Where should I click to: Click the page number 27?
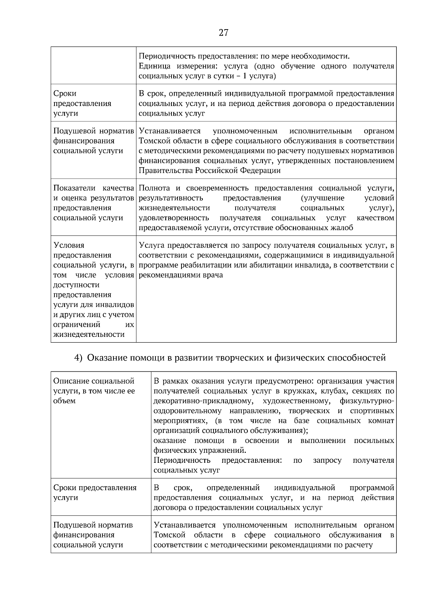tap(223, 33)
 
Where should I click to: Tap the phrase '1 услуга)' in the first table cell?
tap(262, 76)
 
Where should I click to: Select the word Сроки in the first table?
tap(65, 94)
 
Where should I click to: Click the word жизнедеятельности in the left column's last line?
tap(89, 334)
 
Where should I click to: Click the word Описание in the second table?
tap(71, 381)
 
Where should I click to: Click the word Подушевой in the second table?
tap(74, 525)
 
